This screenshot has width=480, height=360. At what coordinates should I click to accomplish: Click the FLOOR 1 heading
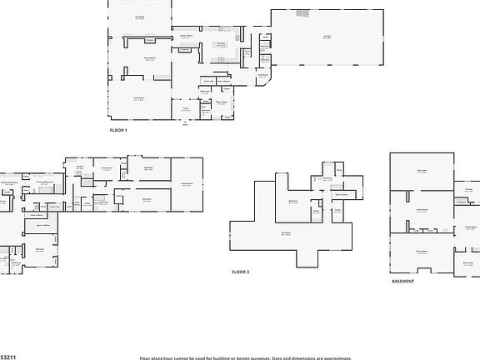(117, 131)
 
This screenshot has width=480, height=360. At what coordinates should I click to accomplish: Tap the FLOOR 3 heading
(240, 272)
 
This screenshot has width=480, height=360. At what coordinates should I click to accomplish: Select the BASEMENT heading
(402, 282)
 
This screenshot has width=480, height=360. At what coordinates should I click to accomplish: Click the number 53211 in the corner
(6, 356)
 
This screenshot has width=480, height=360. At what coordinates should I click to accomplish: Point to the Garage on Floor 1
(327, 37)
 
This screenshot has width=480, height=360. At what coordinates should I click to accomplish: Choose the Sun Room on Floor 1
(140, 17)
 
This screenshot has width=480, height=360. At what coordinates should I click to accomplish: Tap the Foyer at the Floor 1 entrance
(187, 108)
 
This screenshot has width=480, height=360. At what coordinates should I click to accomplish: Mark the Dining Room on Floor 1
(150, 57)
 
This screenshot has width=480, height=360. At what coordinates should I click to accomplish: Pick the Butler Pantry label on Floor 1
(186, 36)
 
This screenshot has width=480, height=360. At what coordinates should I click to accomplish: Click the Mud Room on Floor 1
(262, 75)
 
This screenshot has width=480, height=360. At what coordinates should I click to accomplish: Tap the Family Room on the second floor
(187, 183)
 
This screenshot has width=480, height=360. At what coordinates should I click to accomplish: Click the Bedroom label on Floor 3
(293, 201)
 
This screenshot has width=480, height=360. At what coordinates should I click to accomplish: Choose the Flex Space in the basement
(422, 172)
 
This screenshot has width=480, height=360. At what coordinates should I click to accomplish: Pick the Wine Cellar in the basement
(467, 262)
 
